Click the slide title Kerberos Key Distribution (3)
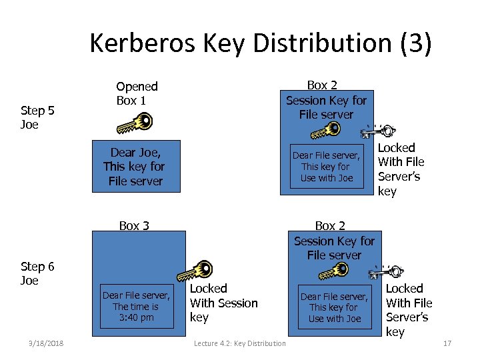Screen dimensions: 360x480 point(261,43)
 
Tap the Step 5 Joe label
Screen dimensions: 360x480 point(37,117)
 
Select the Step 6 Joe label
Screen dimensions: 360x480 point(37,273)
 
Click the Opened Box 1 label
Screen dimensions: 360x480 point(137,93)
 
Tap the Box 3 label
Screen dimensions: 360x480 point(134,225)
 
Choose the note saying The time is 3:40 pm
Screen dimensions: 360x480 point(136,307)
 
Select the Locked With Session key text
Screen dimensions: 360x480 point(223,303)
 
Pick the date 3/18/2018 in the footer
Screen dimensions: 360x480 point(46,343)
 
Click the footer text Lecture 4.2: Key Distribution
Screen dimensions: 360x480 point(239,343)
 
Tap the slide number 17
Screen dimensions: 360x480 point(447,343)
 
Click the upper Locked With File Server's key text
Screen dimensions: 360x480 point(401,169)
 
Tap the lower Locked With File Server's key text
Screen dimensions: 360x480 point(409,310)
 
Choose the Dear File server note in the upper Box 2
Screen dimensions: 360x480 point(327,167)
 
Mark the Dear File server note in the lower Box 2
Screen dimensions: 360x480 point(334,307)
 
